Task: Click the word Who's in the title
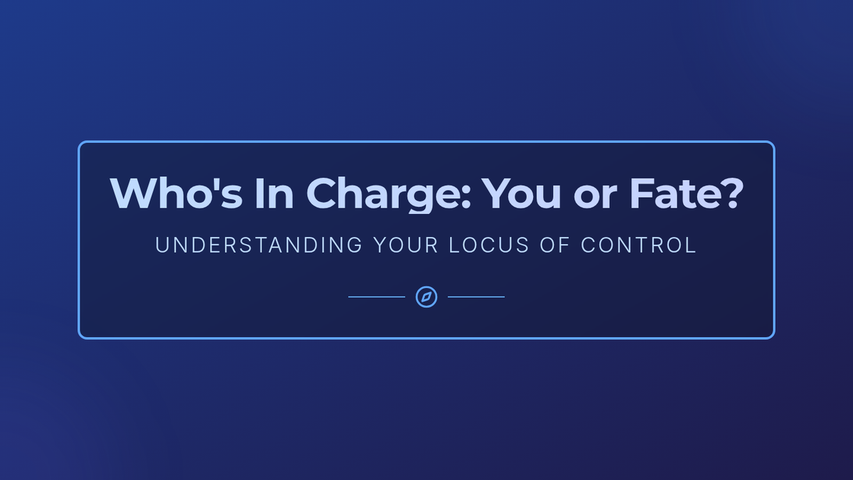pyautogui.click(x=176, y=193)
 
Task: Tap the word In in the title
pyautogui.click(x=274, y=193)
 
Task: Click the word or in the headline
pyautogui.click(x=595, y=198)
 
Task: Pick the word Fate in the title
pyautogui.click(x=675, y=193)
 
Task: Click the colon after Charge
pyautogui.click(x=466, y=198)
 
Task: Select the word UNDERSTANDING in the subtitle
pyautogui.click(x=259, y=245)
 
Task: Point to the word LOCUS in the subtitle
pyautogui.click(x=489, y=245)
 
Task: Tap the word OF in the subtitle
pyautogui.click(x=555, y=245)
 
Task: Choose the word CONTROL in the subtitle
pyautogui.click(x=638, y=245)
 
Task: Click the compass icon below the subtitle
pyautogui.click(x=426, y=297)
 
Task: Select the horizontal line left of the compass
pyautogui.click(x=377, y=297)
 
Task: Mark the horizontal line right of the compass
pyautogui.click(x=476, y=297)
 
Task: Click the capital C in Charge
pyautogui.click(x=322, y=193)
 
